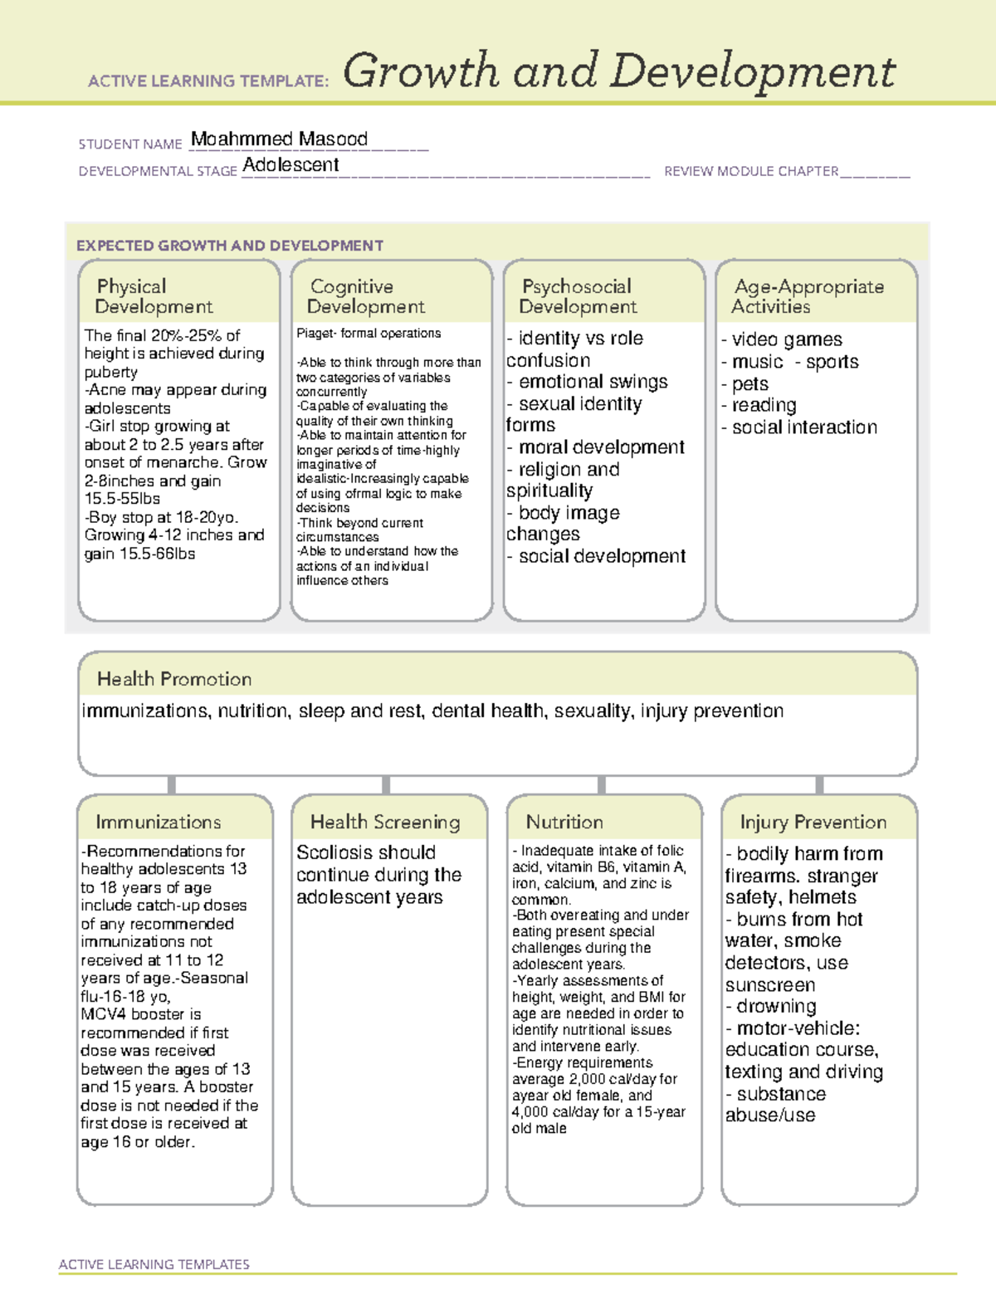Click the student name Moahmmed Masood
click(279, 139)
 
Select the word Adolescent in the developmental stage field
click(290, 165)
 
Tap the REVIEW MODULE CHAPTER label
click(750, 172)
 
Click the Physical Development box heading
click(154, 296)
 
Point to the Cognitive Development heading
click(365, 296)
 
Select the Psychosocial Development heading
click(578, 296)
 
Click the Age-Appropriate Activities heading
click(808, 296)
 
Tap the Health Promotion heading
click(174, 679)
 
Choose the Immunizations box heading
click(158, 822)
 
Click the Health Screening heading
click(385, 822)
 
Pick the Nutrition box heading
click(564, 822)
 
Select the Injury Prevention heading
click(813, 822)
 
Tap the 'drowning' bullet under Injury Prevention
click(775, 1007)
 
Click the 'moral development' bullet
click(601, 447)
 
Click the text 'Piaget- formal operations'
click(369, 334)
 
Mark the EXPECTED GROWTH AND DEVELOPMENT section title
click(230, 246)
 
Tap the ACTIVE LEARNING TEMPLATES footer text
click(154, 1264)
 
